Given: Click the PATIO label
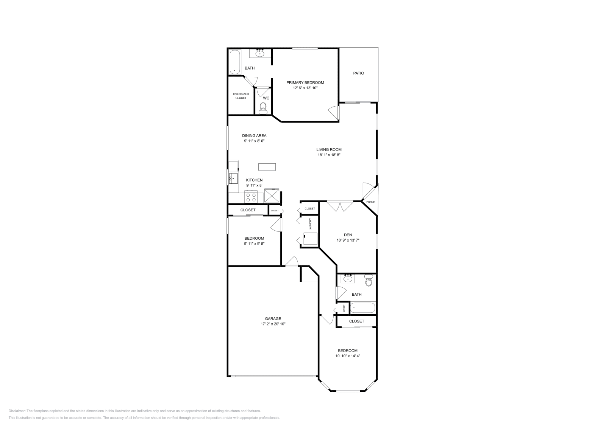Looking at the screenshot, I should (x=358, y=73).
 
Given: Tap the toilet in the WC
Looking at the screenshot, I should (x=263, y=109).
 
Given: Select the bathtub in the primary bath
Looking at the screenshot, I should (x=235, y=62).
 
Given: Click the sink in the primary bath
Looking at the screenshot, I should (x=260, y=54).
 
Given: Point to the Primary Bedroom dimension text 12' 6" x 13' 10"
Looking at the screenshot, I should (x=305, y=88).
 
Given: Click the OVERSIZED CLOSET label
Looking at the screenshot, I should (x=241, y=96).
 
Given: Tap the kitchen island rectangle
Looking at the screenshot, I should (x=267, y=167).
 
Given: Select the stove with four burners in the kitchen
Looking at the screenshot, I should (x=251, y=197).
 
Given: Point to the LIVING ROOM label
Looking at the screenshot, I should (x=329, y=149).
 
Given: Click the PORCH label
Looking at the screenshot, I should (x=370, y=202).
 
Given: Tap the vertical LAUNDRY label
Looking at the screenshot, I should (x=310, y=224).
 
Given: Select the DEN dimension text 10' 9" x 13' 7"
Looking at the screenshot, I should (x=347, y=240).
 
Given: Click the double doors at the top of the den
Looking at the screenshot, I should (x=340, y=206).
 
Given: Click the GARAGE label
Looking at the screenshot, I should (x=273, y=319).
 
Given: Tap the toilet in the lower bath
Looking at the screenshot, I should (x=369, y=281).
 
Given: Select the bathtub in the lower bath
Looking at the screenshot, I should (x=362, y=308).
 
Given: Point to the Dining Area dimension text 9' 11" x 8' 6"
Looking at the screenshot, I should (x=254, y=141).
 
